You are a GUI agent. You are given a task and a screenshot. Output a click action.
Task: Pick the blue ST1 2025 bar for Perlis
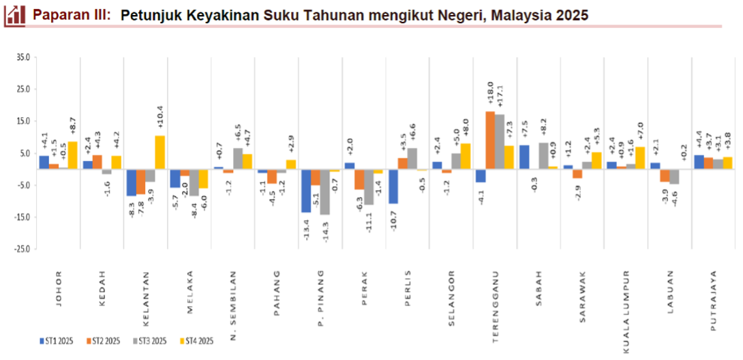click(393, 185)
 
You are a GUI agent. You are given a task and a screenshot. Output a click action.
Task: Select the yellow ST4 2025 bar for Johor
click(72, 155)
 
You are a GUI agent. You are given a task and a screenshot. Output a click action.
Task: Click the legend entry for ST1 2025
click(56, 340)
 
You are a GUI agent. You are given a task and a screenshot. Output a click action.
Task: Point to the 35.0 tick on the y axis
click(22, 57)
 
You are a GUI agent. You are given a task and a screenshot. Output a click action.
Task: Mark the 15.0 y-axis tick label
click(22, 121)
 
